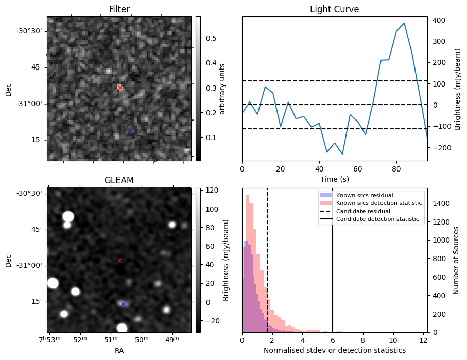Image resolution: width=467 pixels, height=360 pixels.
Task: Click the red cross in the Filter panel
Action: pyautogui.click(x=120, y=88)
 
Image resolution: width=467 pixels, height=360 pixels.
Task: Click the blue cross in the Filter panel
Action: pyautogui.click(x=130, y=130)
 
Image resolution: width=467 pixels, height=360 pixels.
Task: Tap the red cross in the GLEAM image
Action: pyautogui.click(x=119, y=260)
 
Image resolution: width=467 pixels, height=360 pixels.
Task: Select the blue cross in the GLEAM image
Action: pyautogui.click(x=123, y=304)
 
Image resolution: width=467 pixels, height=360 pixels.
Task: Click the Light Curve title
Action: pyautogui.click(x=334, y=9)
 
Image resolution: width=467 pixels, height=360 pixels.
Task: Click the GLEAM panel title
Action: pyautogui.click(x=119, y=180)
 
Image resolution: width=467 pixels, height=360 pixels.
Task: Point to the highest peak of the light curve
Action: pyautogui.click(x=404, y=23)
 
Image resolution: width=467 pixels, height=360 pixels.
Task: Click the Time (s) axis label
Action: pyautogui.click(x=334, y=178)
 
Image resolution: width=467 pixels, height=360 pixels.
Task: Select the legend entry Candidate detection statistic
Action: pyautogui.click(x=379, y=220)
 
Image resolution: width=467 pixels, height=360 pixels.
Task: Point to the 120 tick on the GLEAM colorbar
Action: pyautogui.click(x=211, y=191)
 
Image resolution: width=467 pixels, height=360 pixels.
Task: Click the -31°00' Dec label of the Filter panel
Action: pyautogui.click(x=29, y=104)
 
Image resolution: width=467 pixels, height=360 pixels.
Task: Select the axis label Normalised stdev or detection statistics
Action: pyautogui.click(x=334, y=350)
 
